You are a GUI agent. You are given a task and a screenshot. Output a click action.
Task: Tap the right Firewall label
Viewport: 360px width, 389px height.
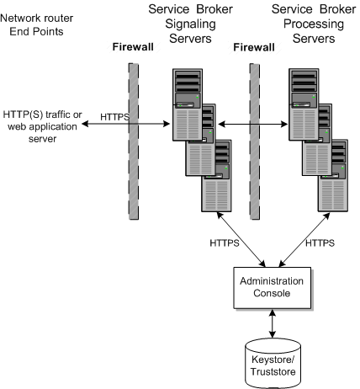coord(253,49)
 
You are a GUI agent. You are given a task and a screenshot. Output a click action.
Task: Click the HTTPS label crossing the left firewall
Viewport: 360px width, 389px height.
coord(114,118)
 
